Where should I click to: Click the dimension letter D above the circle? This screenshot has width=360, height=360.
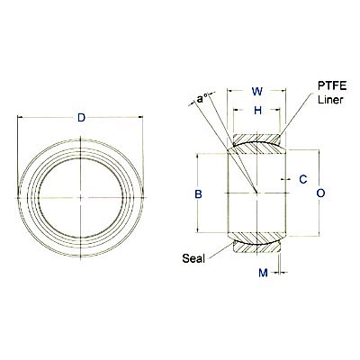click(82, 119)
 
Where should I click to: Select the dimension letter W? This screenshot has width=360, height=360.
click(257, 91)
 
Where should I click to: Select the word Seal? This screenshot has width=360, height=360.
click(194, 258)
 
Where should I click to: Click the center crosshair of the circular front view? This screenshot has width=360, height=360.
click(82, 197)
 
